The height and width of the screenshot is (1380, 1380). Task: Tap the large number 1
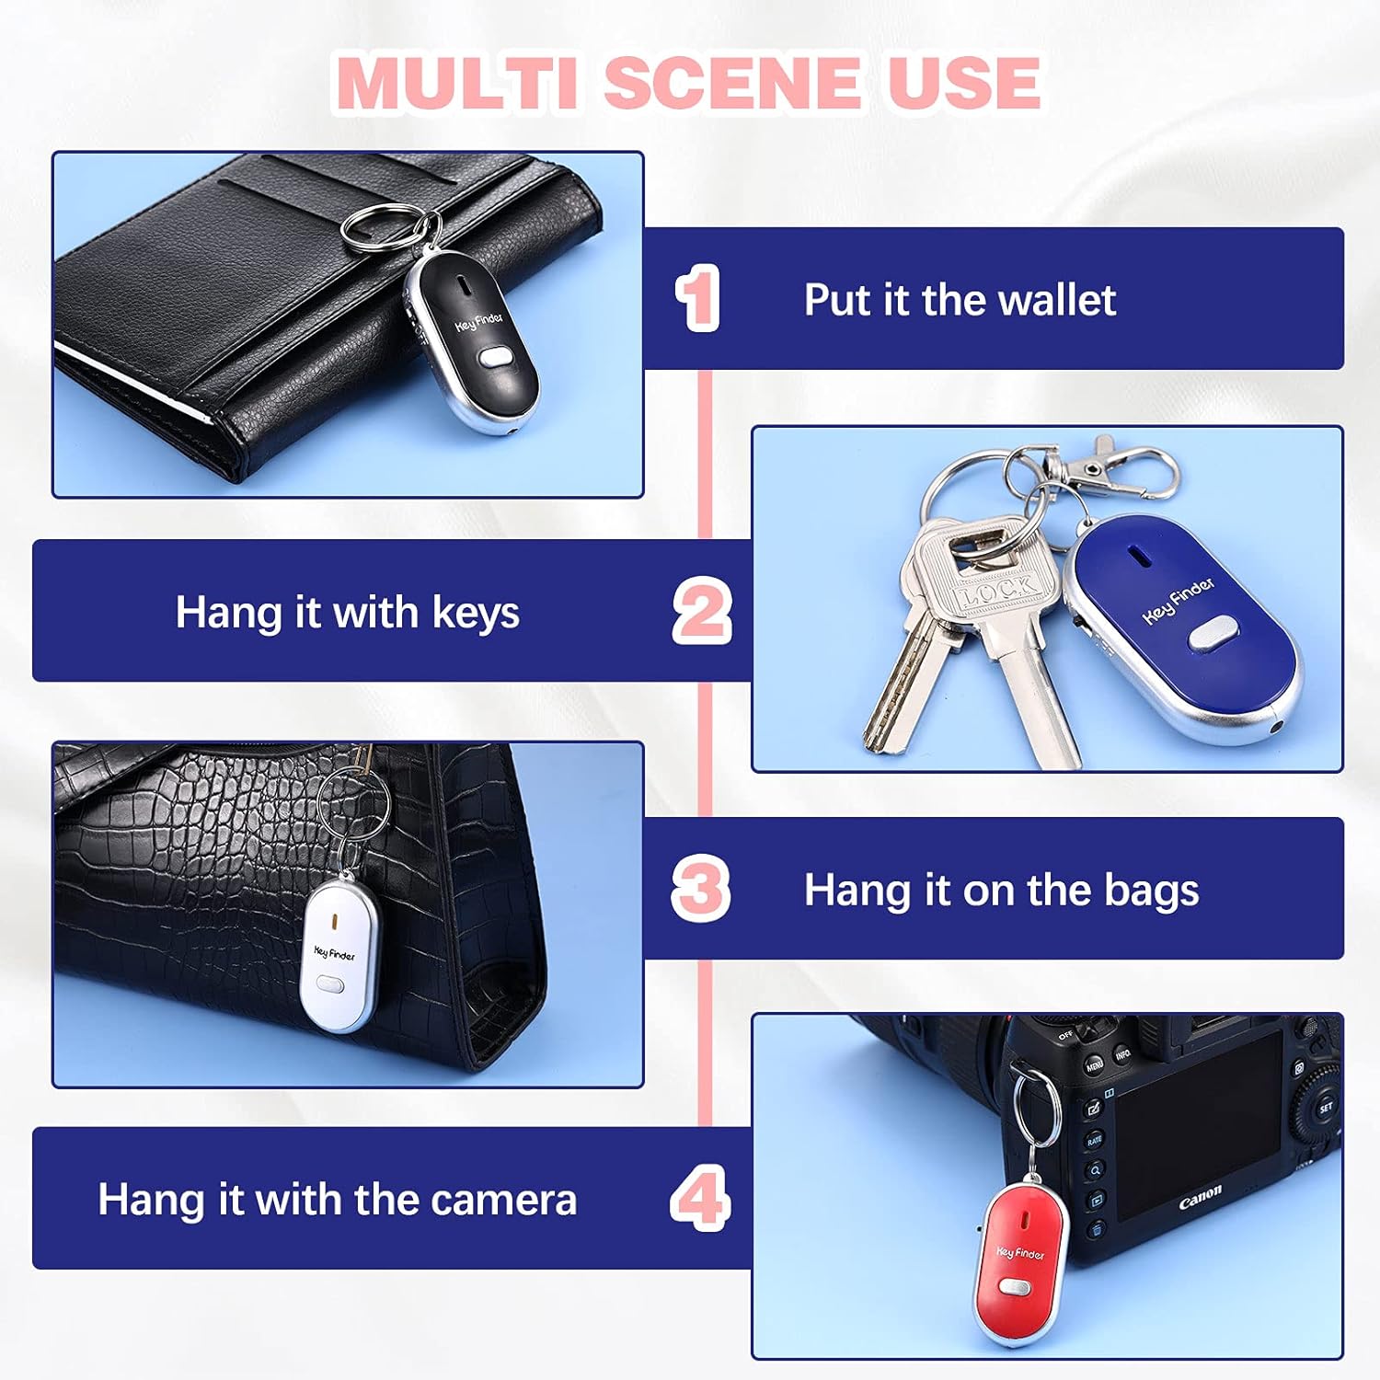point(698,298)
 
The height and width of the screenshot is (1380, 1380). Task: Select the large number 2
point(702,611)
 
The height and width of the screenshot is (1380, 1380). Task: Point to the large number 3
point(701,889)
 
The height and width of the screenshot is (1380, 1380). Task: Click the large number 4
point(701,1198)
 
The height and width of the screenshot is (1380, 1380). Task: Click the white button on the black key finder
point(496,357)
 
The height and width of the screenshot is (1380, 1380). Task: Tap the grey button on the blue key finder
point(1213,634)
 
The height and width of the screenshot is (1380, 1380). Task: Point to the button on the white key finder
point(328,985)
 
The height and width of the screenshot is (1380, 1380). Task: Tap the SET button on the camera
point(1326,1108)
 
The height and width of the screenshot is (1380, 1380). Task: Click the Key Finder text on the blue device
point(1179,601)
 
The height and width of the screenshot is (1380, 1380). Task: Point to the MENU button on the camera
point(1094,1066)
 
